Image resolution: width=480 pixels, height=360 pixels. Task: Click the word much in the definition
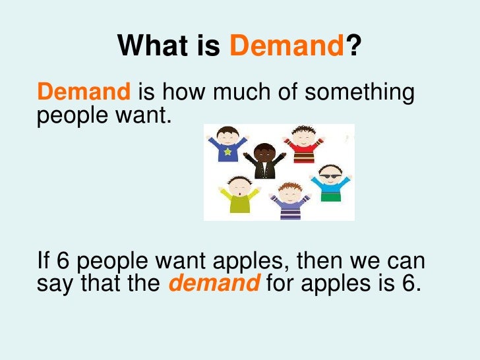point(250,93)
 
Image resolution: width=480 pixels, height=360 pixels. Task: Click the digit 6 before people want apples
point(63,261)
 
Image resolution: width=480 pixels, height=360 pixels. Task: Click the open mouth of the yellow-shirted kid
point(237,192)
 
